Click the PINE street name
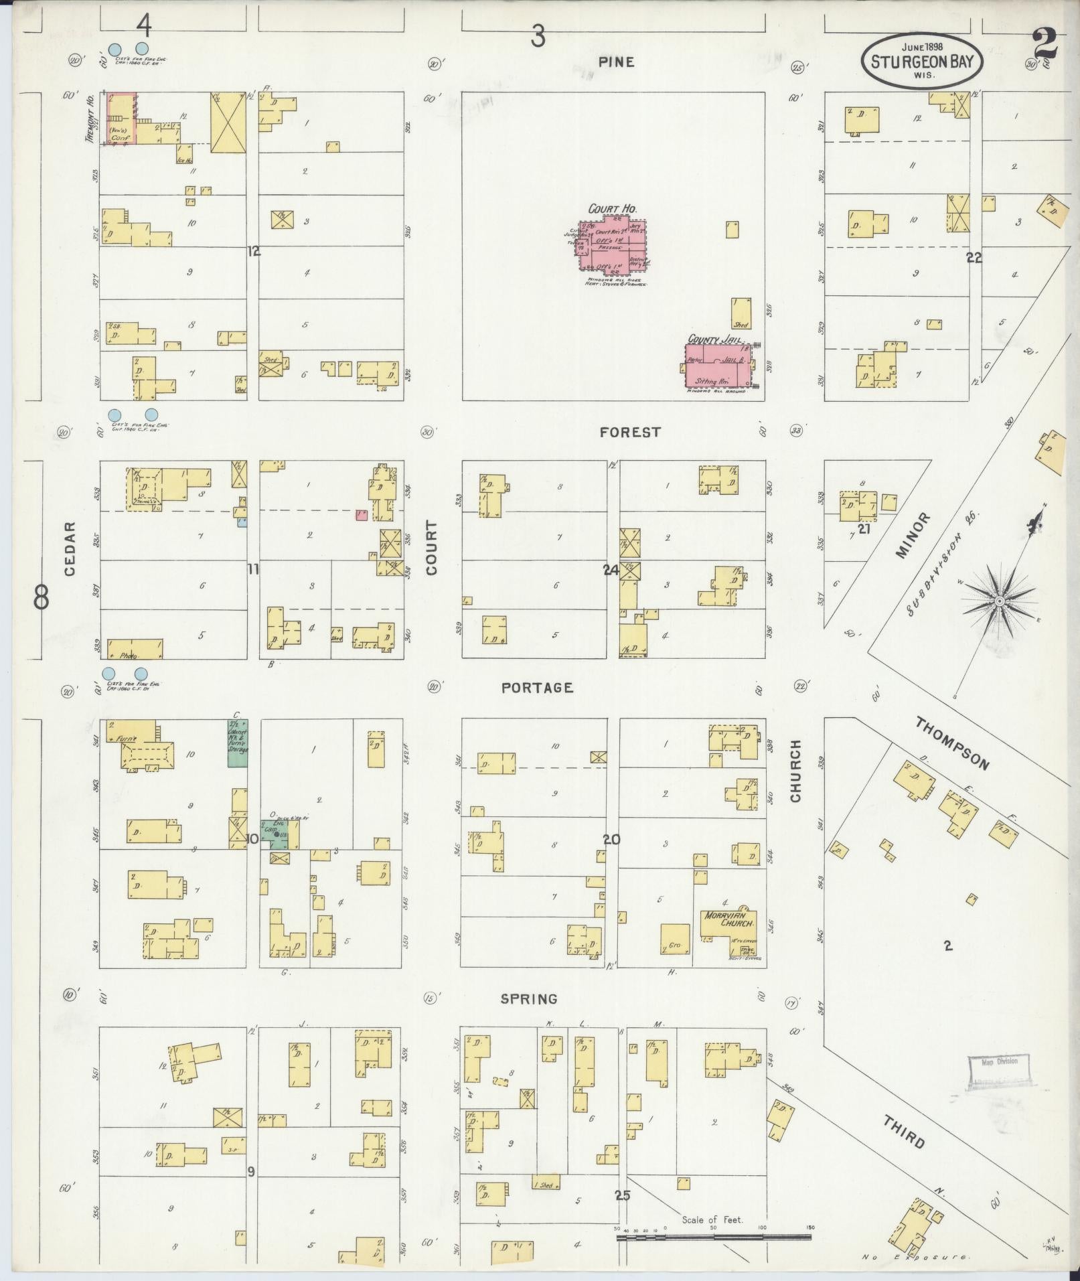pos(616,62)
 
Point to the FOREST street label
pos(629,433)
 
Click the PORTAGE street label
pos(537,688)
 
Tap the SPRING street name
pos(529,998)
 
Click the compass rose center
pos(998,601)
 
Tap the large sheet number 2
pos(1045,44)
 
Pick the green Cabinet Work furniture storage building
pos(238,743)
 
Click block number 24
pos(610,570)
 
